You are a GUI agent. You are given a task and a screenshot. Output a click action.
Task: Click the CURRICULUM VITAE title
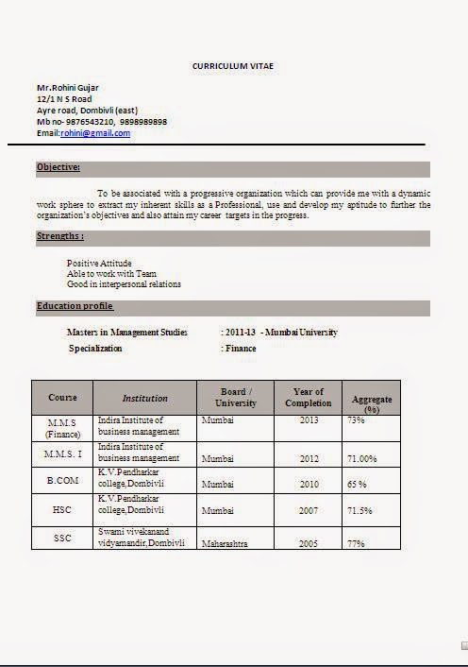(233, 66)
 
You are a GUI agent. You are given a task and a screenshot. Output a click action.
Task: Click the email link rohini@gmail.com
(95, 133)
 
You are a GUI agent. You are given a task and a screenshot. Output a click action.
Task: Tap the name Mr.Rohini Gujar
(68, 88)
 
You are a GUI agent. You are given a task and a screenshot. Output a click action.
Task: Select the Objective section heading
(58, 167)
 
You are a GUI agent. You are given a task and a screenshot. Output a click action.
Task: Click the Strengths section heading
(60, 236)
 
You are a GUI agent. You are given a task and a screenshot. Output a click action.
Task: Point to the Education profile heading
(75, 306)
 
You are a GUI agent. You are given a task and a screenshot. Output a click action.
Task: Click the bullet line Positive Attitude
(99, 263)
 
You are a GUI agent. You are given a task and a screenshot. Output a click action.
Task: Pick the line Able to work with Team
(105, 273)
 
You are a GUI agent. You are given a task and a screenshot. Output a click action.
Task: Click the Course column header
(62, 398)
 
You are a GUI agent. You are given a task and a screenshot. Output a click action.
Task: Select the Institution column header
(144, 398)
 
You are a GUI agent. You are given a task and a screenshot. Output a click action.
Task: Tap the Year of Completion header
(309, 397)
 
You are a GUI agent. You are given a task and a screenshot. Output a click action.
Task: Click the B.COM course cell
(62, 482)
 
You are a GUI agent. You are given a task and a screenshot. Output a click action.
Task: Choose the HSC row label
(62, 510)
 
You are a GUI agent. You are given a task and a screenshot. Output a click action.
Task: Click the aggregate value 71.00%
(361, 458)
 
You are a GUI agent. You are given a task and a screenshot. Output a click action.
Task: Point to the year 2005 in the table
(309, 544)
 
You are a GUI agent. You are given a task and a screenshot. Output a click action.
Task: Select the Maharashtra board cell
(225, 544)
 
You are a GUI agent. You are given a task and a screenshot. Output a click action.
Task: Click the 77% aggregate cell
(356, 544)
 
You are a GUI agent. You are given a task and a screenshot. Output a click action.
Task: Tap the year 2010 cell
(309, 484)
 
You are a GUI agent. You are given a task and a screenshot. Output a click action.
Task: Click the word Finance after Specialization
(242, 349)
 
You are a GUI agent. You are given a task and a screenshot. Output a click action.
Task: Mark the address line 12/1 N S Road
(64, 99)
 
